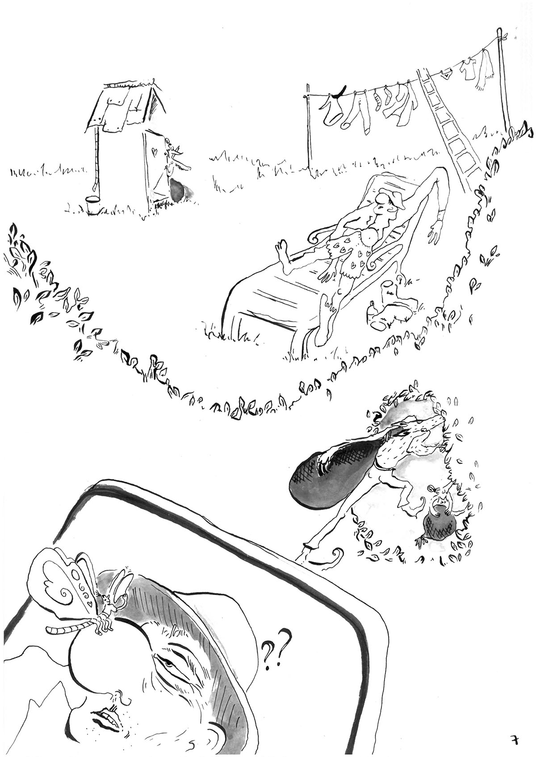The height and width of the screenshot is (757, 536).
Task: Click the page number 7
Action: click(x=515, y=738)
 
